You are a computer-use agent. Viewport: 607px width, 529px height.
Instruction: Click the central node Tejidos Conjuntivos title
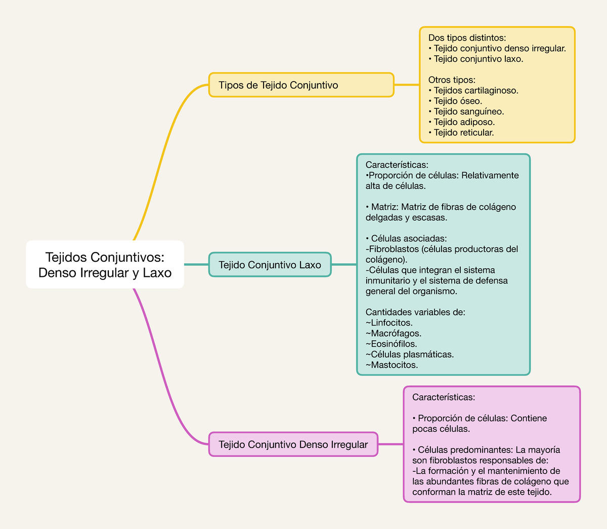pos(105,265)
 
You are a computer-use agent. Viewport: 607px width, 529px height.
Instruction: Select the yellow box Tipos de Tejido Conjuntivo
pos(301,85)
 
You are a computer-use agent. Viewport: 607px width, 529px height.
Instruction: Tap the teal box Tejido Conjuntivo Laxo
pos(270,265)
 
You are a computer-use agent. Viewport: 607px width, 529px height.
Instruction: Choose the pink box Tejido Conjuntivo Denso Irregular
pos(293,444)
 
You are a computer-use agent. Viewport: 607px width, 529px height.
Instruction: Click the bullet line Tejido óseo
pos(457,101)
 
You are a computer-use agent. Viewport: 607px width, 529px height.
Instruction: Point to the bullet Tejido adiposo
pos(464,122)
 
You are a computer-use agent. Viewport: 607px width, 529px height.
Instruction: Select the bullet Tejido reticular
pos(463,133)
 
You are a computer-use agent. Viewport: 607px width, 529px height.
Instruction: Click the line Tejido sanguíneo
pos(468,111)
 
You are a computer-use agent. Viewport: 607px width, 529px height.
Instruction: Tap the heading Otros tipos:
pos(452,79)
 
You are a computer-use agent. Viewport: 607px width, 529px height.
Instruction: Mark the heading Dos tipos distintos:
pos(467,37)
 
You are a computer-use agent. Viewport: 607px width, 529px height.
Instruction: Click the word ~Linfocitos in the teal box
pos(389,323)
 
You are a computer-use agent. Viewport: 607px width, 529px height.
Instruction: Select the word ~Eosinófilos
pos(391,344)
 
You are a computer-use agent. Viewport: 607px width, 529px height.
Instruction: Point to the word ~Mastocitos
pos(392,365)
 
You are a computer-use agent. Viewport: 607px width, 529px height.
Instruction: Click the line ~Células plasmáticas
pos(410,354)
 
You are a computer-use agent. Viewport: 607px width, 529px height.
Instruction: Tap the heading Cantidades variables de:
pos(415,312)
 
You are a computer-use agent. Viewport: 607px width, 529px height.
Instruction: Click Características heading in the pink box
pos(444,397)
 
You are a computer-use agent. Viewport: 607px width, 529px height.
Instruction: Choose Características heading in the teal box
pos(397,165)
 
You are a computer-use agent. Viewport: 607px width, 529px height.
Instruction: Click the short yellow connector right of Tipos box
pos(407,85)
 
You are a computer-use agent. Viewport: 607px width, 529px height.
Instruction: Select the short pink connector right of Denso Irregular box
pos(391,444)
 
